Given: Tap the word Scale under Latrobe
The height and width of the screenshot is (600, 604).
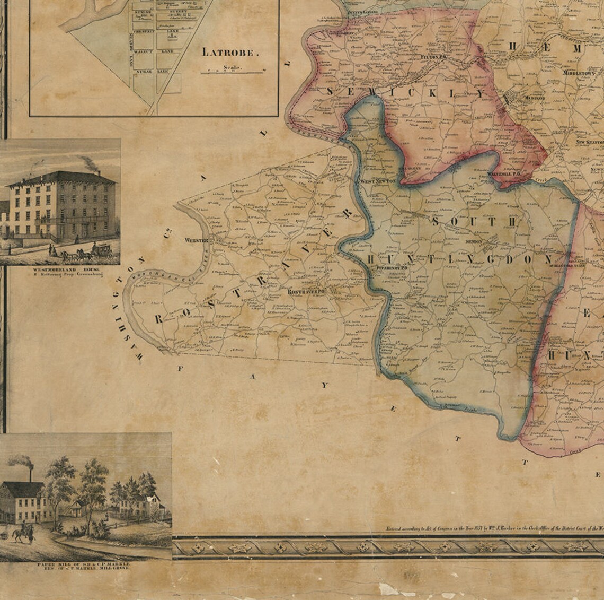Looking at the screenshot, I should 233,67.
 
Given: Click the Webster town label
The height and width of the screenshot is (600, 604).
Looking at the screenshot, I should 194,240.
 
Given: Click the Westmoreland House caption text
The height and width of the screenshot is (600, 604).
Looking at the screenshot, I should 59,271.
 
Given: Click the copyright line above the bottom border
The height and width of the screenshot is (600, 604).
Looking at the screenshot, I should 493,529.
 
